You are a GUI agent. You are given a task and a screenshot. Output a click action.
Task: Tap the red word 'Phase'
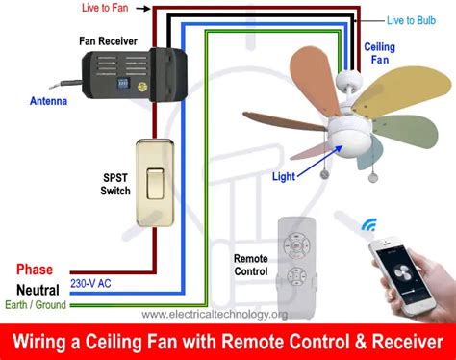click(x=35, y=270)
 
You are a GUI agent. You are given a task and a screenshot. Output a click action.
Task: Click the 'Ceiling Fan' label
click(x=378, y=53)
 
